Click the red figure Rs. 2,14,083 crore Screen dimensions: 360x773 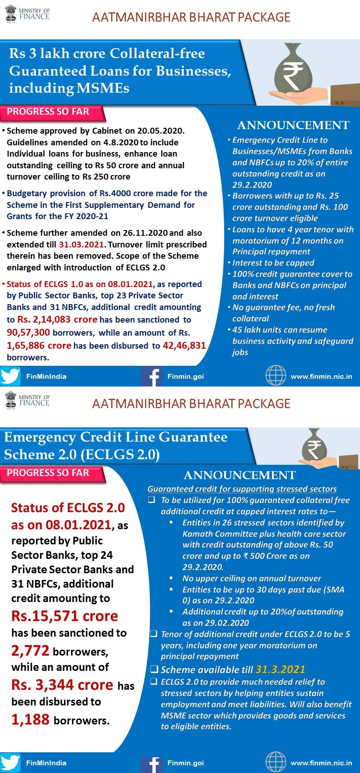tap(57, 319)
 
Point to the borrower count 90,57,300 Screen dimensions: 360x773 tap(28, 333)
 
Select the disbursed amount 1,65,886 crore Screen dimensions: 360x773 tap(39, 346)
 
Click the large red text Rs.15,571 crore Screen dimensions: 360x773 tap(64, 616)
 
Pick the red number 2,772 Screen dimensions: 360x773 tap(30, 651)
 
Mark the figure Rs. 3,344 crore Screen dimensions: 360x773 tap(62, 685)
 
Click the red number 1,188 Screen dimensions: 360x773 tap(30, 719)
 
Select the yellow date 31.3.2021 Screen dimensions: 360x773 tap(280, 670)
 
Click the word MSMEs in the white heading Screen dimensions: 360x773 tap(103, 88)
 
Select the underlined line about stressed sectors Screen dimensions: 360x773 tap(242, 489)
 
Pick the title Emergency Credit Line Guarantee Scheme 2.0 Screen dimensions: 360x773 tap(115, 445)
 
